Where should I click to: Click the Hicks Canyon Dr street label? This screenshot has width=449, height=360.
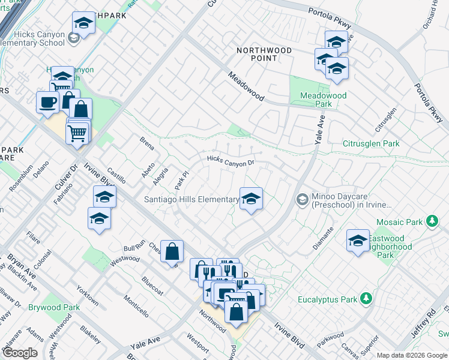click(231, 161)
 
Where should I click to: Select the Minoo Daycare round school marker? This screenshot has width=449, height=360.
click(303, 199)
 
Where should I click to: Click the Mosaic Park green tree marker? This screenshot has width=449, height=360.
click(432, 221)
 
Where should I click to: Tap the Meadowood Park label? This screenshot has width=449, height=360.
click(324, 99)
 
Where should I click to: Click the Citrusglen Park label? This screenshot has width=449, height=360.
click(371, 144)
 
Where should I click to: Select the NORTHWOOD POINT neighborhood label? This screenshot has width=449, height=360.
click(264, 54)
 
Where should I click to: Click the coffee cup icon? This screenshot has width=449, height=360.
click(47, 102)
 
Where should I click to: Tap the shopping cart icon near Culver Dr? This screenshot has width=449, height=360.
click(77, 133)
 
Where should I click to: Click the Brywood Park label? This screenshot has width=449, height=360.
click(54, 307)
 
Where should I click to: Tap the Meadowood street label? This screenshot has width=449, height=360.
click(246, 87)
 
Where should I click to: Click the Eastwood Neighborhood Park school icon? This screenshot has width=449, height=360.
click(358, 241)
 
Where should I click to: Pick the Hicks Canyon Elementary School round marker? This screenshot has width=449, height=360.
click(73, 39)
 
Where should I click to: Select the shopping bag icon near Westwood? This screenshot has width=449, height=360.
click(172, 251)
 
